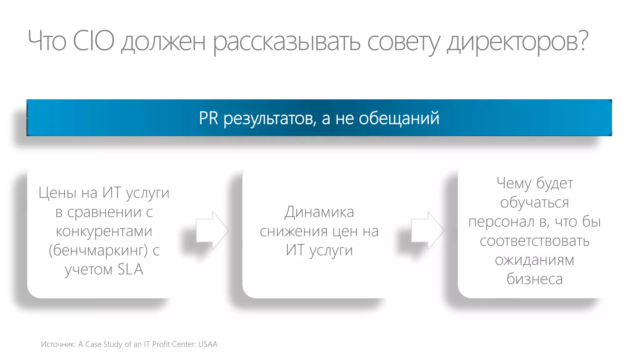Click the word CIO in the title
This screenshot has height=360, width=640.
93,41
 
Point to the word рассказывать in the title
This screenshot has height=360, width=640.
287,42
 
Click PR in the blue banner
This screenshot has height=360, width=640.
208,118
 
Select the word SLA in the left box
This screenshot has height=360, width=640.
130,269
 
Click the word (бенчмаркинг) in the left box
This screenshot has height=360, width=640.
98,250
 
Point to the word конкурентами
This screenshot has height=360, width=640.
104,231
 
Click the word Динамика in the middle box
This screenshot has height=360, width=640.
319,212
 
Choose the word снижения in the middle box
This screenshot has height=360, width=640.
294,232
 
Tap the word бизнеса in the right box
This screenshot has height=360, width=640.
534,279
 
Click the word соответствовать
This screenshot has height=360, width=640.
534,241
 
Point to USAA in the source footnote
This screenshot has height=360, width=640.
208,344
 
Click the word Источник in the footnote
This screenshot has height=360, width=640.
58,344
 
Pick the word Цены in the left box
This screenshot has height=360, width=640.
57,193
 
